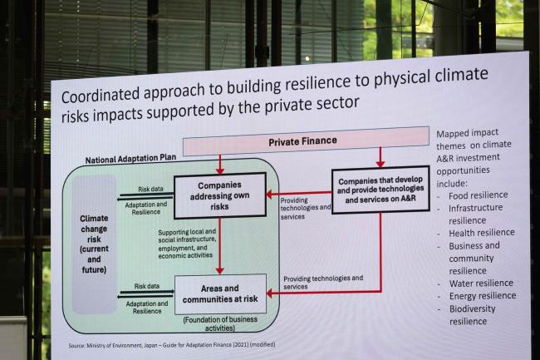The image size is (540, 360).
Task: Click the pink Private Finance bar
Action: click(306, 141)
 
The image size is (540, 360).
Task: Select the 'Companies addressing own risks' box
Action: click(219, 195)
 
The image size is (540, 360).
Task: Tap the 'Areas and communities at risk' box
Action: click(220, 293)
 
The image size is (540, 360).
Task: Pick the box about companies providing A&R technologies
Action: click(380, 190)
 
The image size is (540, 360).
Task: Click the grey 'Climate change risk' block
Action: click(94, 244)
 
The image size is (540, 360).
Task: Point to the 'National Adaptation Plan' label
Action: click(130, 159)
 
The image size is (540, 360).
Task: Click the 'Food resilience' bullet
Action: click(478, 195)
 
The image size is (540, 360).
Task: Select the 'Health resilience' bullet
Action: click(482, 233)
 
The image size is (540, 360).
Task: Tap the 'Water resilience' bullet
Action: click(481, 284)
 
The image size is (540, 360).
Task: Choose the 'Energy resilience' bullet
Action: click(483, 296)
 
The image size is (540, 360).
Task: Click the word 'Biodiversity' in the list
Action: click(472, 309)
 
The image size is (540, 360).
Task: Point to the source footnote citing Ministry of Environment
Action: click(172, 345)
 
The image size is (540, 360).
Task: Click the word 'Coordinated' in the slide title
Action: click(101, 95)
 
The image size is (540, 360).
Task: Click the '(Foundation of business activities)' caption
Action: click(220, 323)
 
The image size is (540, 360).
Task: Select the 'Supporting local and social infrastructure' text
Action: click(187, 244)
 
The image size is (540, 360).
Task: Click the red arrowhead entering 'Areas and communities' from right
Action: click(271, 293)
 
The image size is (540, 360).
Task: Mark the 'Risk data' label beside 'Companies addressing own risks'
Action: click(150, 189)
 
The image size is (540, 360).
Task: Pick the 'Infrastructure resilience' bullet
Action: click(475, 214)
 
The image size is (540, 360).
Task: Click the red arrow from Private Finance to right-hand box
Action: click(380, 157)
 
